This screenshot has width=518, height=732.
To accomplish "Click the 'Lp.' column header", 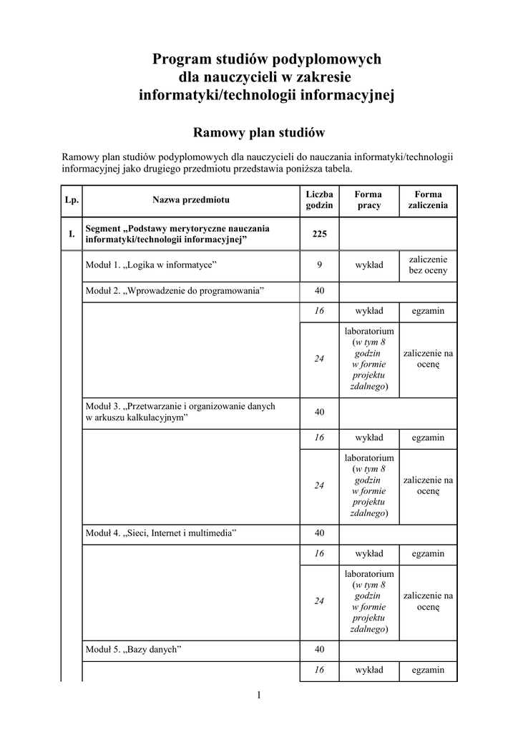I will coord(72,200).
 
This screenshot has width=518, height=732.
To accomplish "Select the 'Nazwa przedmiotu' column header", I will coord(190,200).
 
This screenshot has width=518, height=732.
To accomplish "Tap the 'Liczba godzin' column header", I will coord(319,200).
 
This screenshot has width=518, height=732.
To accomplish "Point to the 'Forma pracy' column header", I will coord(368,200).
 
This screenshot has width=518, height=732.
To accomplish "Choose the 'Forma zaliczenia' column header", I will coord(428,200).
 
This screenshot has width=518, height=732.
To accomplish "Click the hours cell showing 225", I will coord(319,234).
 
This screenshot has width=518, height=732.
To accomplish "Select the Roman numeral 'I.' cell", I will coord(72,234).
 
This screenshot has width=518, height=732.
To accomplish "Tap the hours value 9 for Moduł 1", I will coord(319,265).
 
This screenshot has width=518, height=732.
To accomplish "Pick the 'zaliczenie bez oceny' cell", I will coord(428,265).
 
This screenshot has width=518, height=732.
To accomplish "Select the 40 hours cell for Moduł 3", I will coord(319,412).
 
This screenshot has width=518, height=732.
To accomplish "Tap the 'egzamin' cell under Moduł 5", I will coord(428,670).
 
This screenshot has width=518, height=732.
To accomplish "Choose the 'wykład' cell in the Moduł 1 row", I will coord(368,265).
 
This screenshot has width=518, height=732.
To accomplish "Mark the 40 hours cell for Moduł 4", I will coord(319,533).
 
